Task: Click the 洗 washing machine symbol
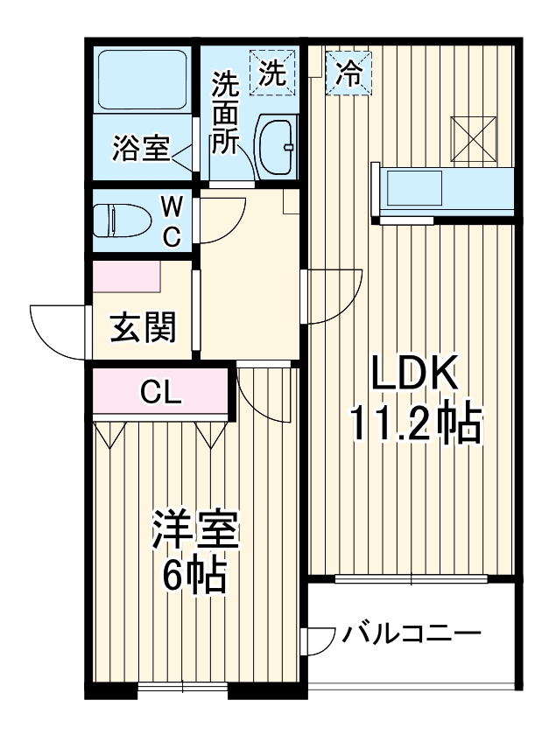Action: click(271, 71)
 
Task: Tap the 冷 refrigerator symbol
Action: click(349, 71)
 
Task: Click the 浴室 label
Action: click(140, 149)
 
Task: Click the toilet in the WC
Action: click(123, 220)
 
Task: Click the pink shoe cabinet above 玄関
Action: click(128, 276)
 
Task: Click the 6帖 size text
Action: click(194, 575)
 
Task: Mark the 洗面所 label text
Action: click(226, 114)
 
